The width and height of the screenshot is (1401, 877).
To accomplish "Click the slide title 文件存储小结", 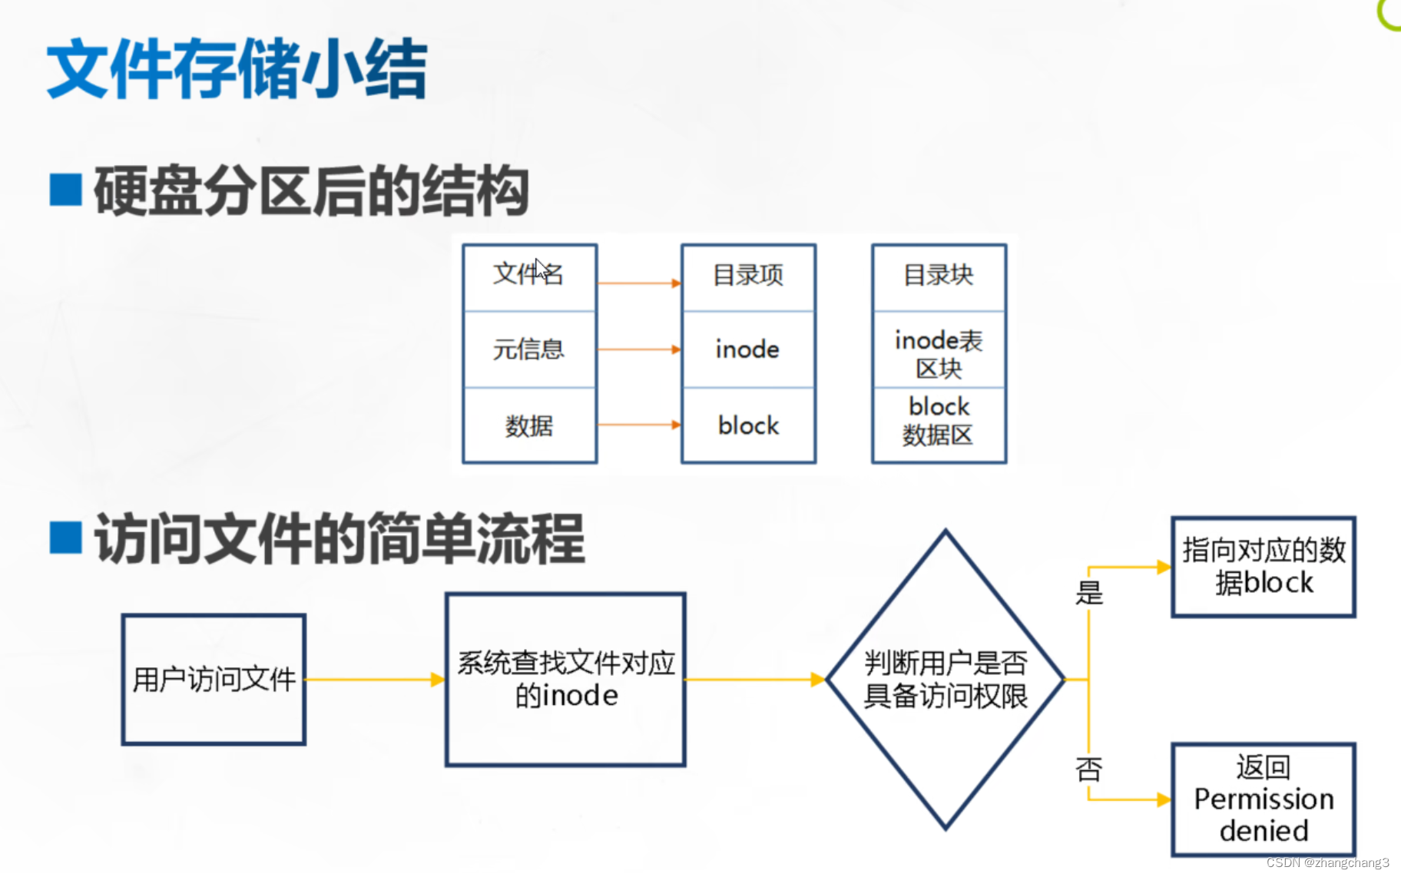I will pos(237,69).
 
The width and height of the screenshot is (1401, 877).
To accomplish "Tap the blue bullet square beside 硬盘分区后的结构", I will pos(65,190).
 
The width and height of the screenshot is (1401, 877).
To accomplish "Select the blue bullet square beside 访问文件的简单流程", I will pos(65,538).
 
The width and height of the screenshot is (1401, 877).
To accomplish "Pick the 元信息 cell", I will pos(529,349).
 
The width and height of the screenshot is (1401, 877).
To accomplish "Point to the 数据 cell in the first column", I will pos(529,425).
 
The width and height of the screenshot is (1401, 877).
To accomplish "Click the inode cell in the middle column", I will pos(748,349).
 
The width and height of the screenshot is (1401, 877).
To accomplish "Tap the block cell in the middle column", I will pos(748,425).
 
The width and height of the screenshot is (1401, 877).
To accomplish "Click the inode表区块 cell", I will pos(939,353).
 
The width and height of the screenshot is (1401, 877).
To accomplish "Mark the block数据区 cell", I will pos(939,421).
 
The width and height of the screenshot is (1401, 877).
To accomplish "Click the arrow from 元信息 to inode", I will pos(638,349).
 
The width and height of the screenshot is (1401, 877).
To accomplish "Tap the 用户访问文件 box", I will pos(214,680).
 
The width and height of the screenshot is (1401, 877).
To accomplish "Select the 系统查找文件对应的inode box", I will pos(565,680).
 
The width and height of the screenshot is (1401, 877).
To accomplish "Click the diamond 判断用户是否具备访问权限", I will pos(946,680).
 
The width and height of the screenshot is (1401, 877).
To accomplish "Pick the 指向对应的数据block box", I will pos(1264,567).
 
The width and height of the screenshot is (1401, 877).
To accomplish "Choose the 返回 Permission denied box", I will pos(1264,799).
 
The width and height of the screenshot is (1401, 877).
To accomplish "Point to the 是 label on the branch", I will pos(1089,593).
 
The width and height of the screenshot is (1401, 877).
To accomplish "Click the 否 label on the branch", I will pos(1089,768).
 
